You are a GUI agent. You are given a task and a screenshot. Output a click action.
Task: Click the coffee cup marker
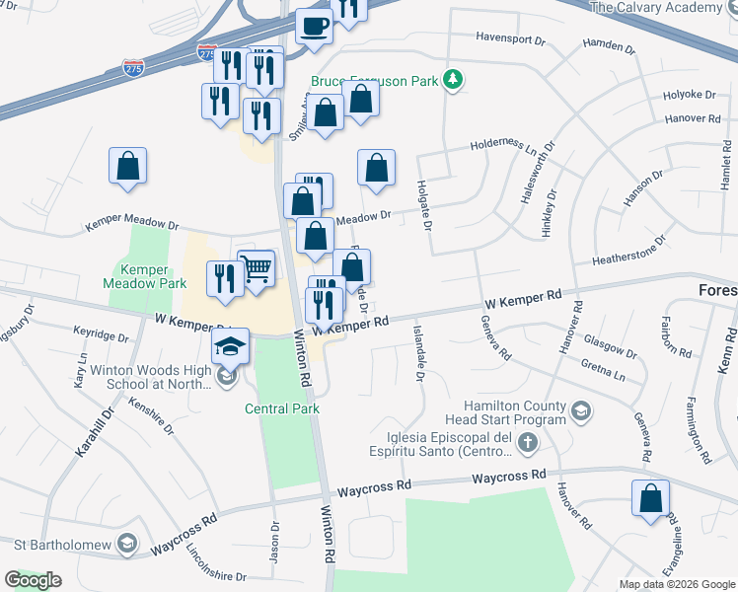click(x=314, y=26)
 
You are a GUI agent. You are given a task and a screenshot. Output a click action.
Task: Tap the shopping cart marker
click(x=257, y=266)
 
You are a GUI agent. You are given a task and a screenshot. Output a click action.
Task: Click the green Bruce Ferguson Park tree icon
click(x=453, y=78)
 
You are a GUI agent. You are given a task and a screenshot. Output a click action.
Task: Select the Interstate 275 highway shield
click(x=133, y=68)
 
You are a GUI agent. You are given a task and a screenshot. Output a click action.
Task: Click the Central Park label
click(x=282, y=408)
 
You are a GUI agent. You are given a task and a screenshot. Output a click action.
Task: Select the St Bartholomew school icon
click(x=126, y=543)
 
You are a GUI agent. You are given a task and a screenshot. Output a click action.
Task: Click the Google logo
click(x=33, y=580)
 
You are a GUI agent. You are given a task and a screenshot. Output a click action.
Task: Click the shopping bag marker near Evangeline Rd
click(x=651, y=499)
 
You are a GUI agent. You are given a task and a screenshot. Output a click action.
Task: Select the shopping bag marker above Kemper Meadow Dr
click(x=128, y=168)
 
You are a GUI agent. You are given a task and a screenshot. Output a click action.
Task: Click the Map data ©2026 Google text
click(x=677, y=584)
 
